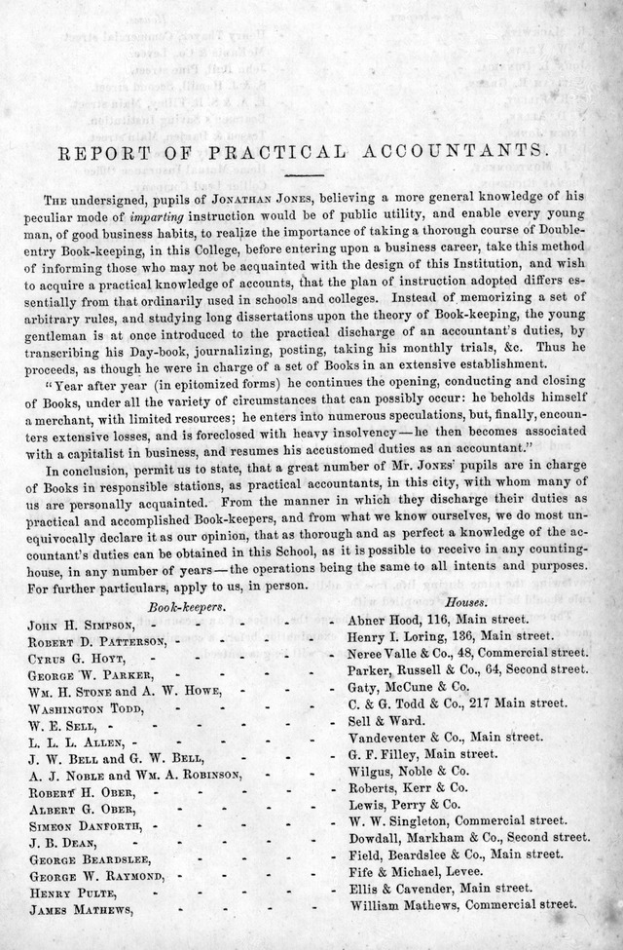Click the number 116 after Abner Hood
434,620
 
